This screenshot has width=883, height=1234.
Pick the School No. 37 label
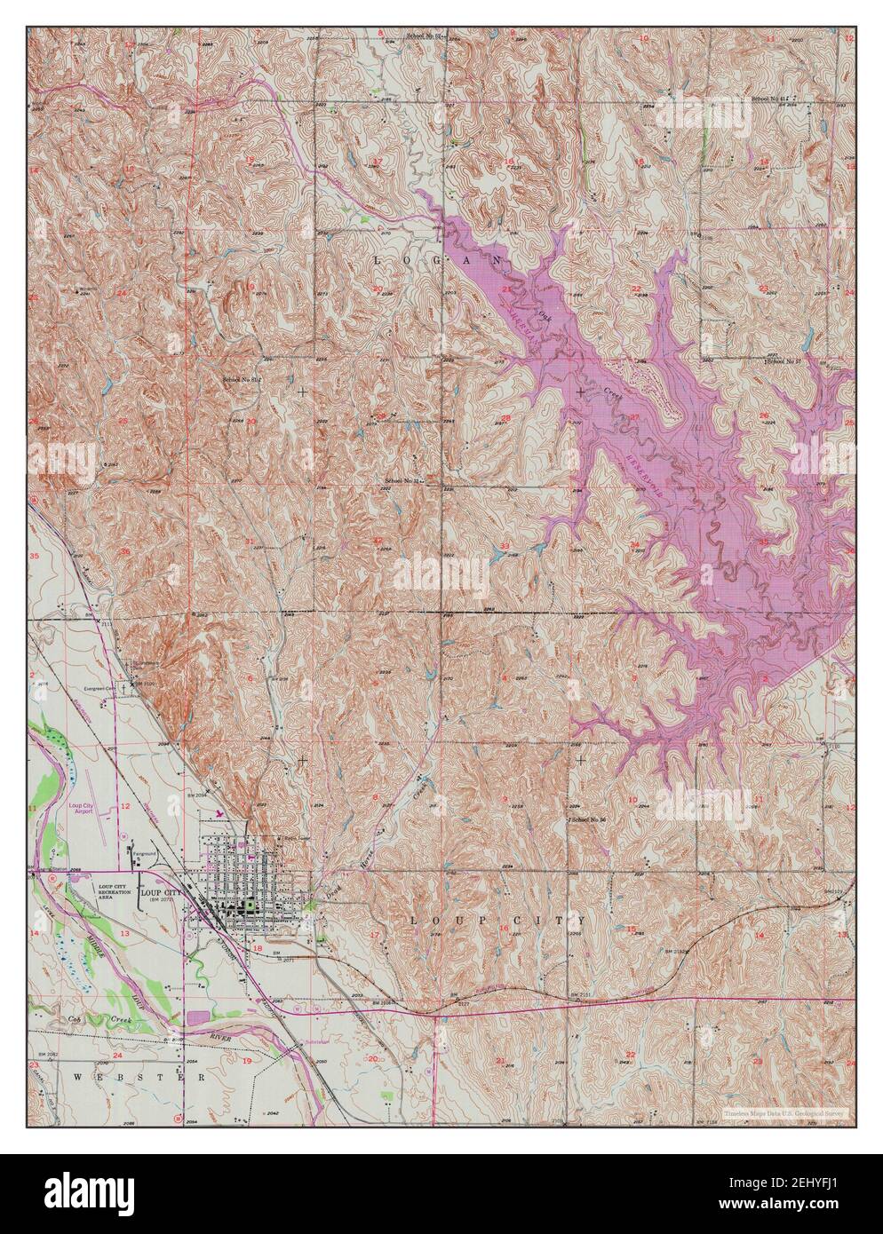tap(784, 361)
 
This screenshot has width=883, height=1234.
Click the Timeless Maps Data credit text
tap(783, 1112)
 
